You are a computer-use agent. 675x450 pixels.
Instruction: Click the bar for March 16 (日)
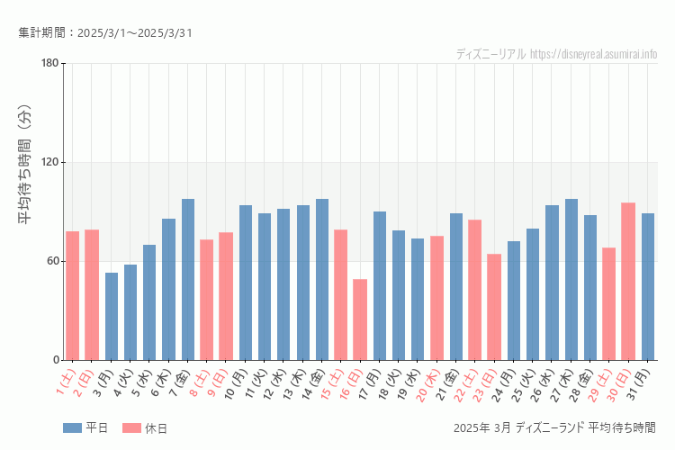click(x=360, y=319)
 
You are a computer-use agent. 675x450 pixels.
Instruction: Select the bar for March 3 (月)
click(x=112, y=316)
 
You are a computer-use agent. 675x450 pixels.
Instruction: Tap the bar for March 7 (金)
click(x=188, y=279)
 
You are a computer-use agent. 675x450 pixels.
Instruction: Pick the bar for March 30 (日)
click(x=628, y=281)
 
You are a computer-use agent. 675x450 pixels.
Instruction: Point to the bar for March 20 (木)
click(x=436, y=298)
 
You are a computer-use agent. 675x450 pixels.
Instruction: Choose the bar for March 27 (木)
click(x=571, y=279)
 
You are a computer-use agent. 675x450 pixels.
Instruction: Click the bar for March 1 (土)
click(x=73, y=295)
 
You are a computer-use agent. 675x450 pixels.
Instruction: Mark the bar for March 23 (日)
click(x=494, y=307)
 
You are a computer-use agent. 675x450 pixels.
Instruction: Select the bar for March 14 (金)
click(x=322, y=279)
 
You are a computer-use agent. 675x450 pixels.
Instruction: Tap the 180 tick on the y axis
click(x=49, y=63)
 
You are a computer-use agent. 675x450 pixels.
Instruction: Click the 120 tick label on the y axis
click(x=49, y=162)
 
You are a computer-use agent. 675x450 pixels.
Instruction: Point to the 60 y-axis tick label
click(x=52, y=261)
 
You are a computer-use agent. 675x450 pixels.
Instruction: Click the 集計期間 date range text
click(x=105, y=33)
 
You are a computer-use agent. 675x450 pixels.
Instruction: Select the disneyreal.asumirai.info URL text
click(x=593, y=54)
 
